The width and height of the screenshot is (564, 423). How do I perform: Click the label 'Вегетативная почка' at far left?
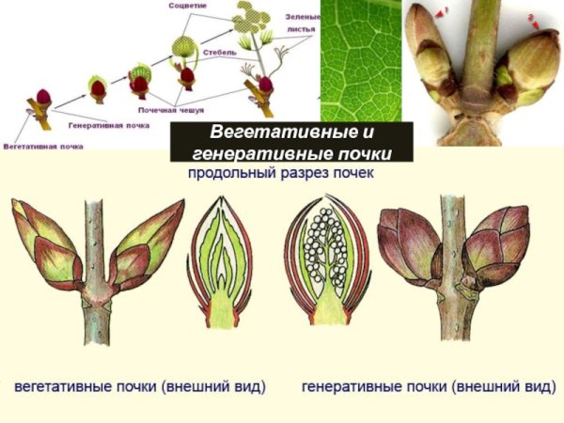coord(39,148)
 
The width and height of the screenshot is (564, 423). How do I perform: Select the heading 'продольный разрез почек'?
coord(280,175)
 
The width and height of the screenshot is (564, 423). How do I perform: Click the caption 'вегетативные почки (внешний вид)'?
coord(140,386)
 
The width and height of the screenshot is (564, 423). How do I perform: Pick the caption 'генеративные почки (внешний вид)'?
coord(429,386)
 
